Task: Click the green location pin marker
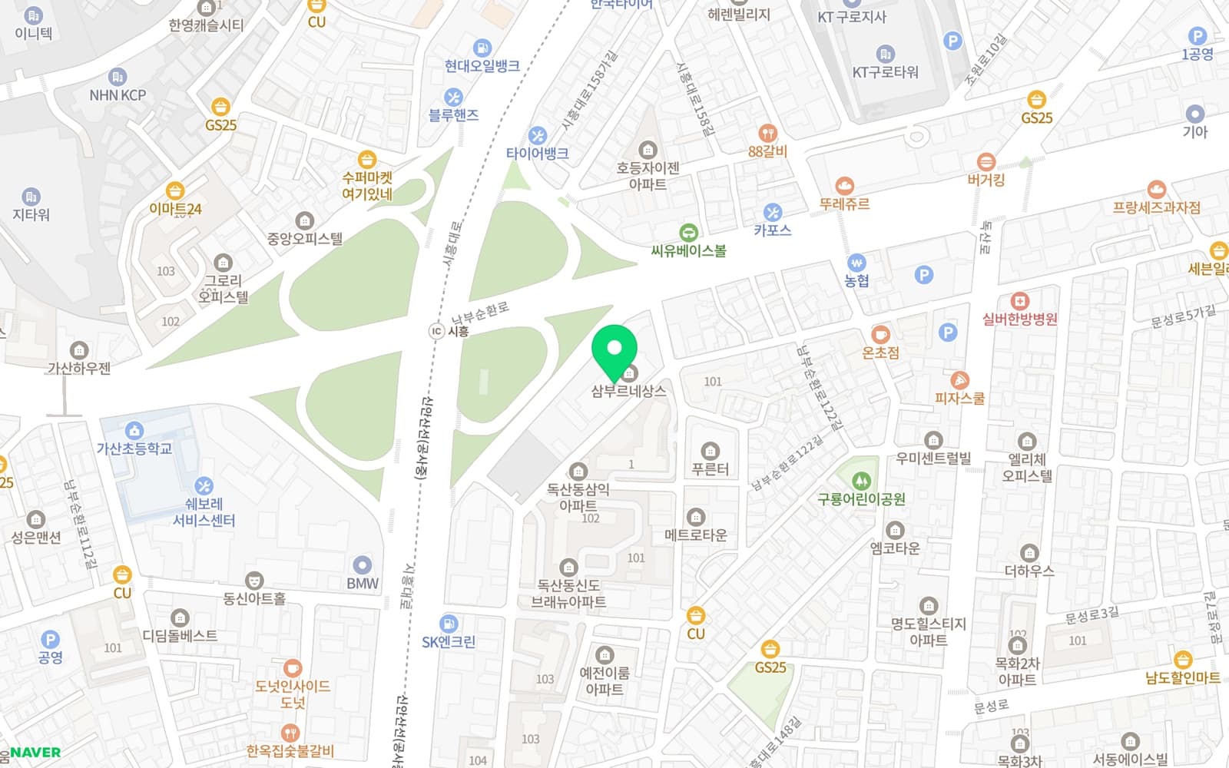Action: point(614,350)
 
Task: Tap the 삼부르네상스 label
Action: point(628,391)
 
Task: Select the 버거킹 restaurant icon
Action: point(986,162)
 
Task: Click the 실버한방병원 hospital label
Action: point(1019,319)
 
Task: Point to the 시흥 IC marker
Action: point(436,331)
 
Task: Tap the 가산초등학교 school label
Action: point(134,449)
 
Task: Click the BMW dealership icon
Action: point(362,565)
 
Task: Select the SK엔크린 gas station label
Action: point(449,642)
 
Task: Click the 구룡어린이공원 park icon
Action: point(861,481)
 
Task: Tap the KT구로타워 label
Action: point(885,72)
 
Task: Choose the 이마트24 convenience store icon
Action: point(175,190)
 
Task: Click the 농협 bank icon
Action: point(856,263)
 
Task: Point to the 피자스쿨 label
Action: point(959,399)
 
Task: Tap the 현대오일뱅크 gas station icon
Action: point(482,48)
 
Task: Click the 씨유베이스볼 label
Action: point(688,250)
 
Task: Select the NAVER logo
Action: point(34,753)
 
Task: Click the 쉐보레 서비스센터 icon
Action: point(204,486)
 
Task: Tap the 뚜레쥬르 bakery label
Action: point(844,204)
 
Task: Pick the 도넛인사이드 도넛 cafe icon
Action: point(292,668)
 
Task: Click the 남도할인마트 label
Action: point(1182,678)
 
